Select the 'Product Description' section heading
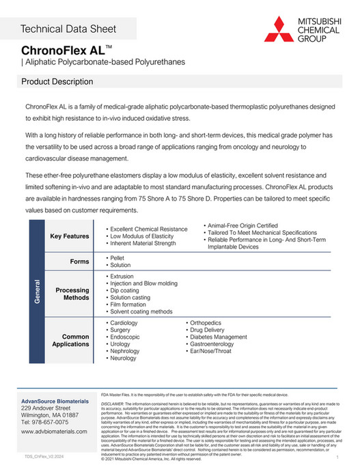[57, 82]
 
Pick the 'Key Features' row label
[70, 236]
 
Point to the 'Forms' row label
[80, 262]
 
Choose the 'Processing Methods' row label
[72, 294]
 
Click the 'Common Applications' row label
[71, 340]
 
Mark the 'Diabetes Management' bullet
[218, 337]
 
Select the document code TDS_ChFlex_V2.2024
[45, 455]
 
